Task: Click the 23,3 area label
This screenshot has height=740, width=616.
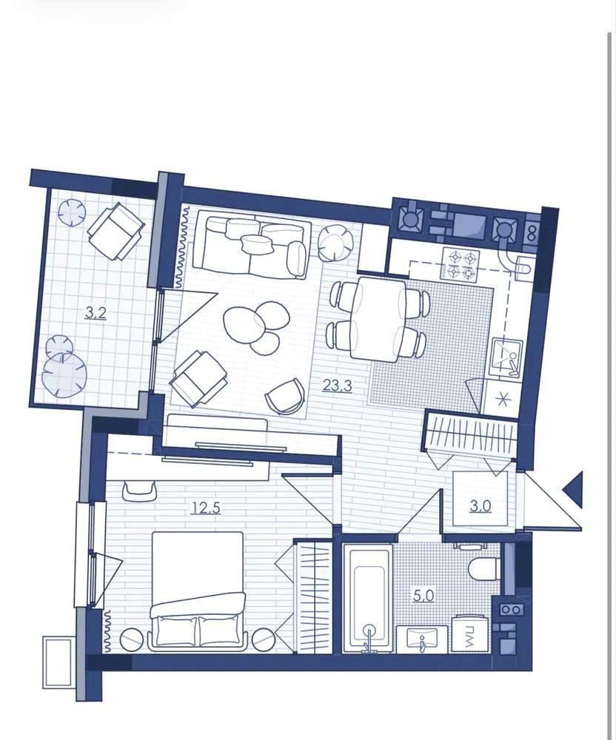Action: tap(337, 386)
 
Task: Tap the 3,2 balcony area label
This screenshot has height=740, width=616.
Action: tap(96, 312)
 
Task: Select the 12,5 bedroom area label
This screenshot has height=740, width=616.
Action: tap(207, 508)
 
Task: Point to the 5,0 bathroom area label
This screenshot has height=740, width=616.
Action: tap(423, 596)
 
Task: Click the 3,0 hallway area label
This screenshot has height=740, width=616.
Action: tap(481, 506)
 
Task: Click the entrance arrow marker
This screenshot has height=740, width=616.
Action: tap(572, 489)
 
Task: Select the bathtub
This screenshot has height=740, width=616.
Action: tap(368, 599)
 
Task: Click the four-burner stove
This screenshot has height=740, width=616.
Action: tap(461, 264)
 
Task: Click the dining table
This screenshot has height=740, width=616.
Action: tap(378, 319)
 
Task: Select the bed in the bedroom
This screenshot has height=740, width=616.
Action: tap(197, 591)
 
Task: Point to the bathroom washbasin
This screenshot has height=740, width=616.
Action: tap(423, 639)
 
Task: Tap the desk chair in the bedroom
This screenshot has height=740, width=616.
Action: tap(138, 491)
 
